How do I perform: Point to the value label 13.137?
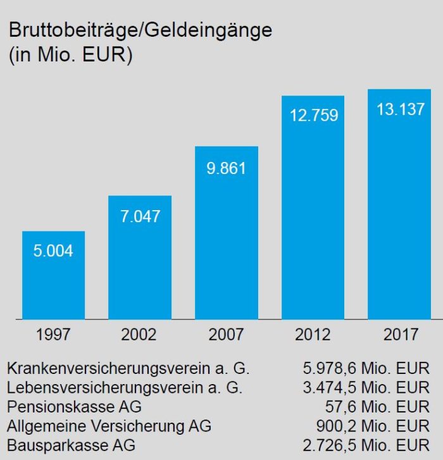(400, 109)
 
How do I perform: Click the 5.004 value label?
(53, 251)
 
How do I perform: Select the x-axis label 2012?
(313, 334)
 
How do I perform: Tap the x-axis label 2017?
(400, 334)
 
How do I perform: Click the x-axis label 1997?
(53, 334)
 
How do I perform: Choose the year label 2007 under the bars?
(226, 334)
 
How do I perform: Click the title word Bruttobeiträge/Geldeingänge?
(139, 30)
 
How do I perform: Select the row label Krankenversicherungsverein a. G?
(128, 368)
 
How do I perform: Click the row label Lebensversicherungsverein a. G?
(125, 387)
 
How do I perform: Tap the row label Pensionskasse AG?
(74, 406)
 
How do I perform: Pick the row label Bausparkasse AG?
(71, 445)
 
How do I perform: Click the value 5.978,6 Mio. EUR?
(366, 368)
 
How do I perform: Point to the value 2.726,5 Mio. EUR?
(366, 445)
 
